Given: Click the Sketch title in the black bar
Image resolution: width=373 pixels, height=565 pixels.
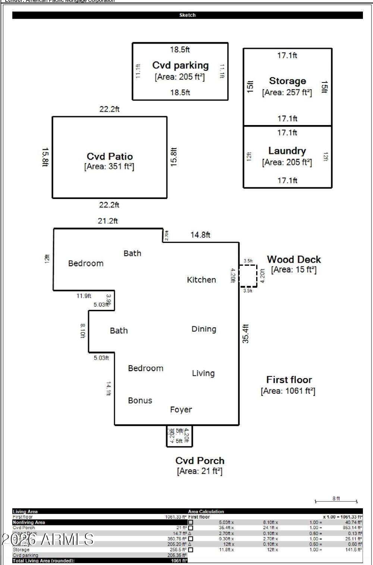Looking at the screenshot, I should click(187, 15).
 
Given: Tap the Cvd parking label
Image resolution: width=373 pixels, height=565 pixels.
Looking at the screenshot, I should click(180, 65).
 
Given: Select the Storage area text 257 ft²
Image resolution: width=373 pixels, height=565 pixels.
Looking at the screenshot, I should click(287, 93).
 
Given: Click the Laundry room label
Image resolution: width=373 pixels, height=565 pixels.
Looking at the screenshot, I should click(287, 151).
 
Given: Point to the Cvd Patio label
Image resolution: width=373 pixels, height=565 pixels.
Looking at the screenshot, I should click(110, 156).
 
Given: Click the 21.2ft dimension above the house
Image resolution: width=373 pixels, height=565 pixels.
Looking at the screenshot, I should click(108, 221).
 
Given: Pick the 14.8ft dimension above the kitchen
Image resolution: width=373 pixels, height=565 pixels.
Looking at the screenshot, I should click(200, 235).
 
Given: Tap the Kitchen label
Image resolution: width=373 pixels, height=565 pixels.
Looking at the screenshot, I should click(201, 280).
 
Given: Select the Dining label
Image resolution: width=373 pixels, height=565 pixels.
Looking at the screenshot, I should click(204, 329).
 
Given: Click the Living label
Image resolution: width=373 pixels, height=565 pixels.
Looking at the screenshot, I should click(203, 373).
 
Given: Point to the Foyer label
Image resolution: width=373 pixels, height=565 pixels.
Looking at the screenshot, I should click(181, 410).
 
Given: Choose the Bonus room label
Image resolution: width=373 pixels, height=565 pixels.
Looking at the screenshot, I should click(140, 400).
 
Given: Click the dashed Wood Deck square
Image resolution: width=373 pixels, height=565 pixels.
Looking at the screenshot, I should click(248, 276).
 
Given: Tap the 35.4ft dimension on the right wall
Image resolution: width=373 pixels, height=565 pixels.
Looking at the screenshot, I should click(246, 334).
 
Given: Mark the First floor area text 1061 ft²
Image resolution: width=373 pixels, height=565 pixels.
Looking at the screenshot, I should click(288, 391).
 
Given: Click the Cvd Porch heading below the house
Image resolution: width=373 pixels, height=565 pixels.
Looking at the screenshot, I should click(200, 461).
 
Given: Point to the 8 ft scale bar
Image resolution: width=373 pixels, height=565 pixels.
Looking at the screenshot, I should click(336, 501).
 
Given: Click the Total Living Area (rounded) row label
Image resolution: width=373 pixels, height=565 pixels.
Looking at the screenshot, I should click(44, 561).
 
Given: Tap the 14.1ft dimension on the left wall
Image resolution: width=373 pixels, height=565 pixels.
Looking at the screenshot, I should click(109, 388).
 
